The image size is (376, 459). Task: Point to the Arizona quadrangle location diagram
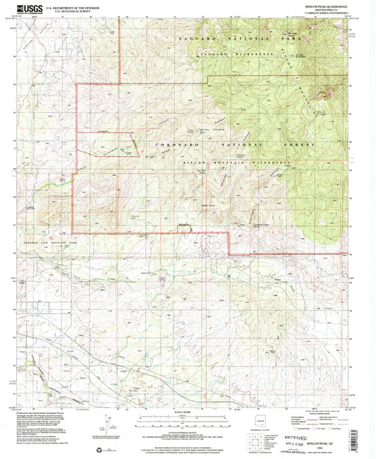pyautogui.click(x=265, y=424)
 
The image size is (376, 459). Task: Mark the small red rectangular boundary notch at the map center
pyautogui.click(x=186, y=227)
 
